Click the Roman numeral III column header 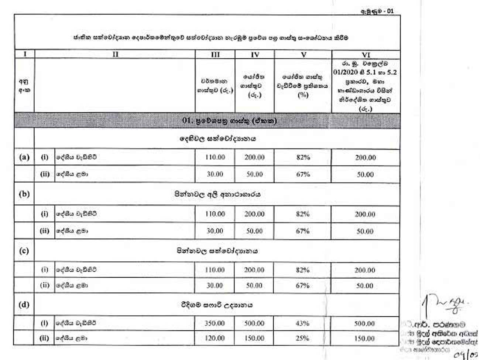pos(215,54)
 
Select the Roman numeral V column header pos(303,54)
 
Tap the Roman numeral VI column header pos(366,55)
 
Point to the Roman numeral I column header pos(24,54)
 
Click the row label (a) pos(24,157)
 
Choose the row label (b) pos(24,194)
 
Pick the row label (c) pos(24,251)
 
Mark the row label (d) pos(24,305)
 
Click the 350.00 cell pos(215,323)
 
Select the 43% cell pos(302,323)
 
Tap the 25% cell pos(302,338)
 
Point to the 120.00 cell pos(215,338)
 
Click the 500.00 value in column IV pos(254,323)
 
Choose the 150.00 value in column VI pos(364,339)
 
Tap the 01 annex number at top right pos(390,11)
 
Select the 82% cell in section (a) pos(303,157)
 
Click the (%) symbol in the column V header pos(303,95)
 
